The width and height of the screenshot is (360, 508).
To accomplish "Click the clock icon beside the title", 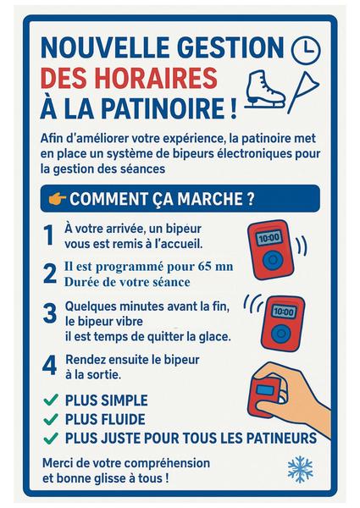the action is [x=306, y=50].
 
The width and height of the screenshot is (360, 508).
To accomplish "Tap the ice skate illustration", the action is [x=265, y=89].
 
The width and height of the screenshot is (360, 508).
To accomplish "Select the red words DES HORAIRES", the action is [x=129, y=78].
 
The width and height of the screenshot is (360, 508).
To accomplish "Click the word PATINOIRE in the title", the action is [x=163, y=108].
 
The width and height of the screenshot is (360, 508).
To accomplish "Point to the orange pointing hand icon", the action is [x=58, y=199].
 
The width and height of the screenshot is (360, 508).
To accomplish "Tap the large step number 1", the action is [x=48, y=235].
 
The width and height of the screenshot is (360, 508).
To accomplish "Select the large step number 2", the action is [x=50, y=273].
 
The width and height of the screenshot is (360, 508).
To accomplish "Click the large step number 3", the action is [x=50, y=313].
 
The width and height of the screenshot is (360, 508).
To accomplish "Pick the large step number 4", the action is [x=50, y=366].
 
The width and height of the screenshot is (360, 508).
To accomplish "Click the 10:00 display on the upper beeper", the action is [x=269, y=238].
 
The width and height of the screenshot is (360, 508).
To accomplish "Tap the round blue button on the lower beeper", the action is [x=280, y=334].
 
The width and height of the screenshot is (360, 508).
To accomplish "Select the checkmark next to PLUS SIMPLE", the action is [x=51, y=400].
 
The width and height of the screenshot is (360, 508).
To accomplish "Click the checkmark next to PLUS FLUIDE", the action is [x=51, y=419].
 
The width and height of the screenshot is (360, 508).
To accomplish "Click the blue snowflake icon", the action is [x=301, y=470].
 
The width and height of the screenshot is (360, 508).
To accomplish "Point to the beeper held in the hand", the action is [x=264, y=397].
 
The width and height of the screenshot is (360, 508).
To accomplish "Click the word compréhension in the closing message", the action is [x=167, y=463].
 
